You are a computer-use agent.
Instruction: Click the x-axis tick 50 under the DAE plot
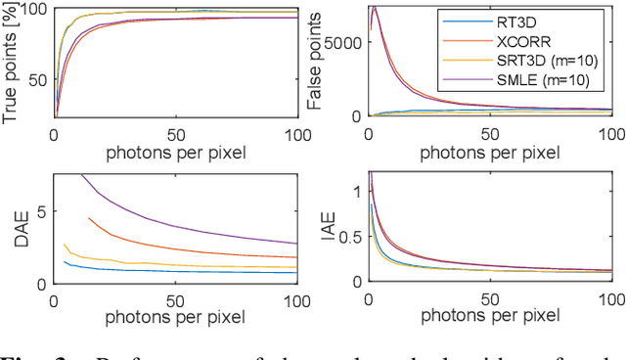(174, 297)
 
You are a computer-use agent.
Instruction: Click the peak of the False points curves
(374, 9)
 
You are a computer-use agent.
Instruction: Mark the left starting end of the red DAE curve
(89, 218)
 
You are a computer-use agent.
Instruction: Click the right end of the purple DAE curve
(296, 243)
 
